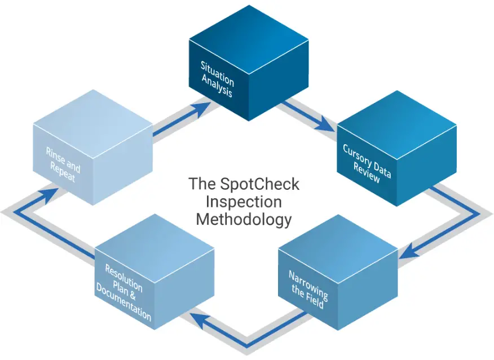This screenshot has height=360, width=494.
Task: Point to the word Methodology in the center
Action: point(244,219)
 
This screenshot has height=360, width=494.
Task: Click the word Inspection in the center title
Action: point(244,201)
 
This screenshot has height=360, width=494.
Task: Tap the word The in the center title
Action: point(200,184)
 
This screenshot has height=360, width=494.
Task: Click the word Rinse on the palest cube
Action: point(55,157)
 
